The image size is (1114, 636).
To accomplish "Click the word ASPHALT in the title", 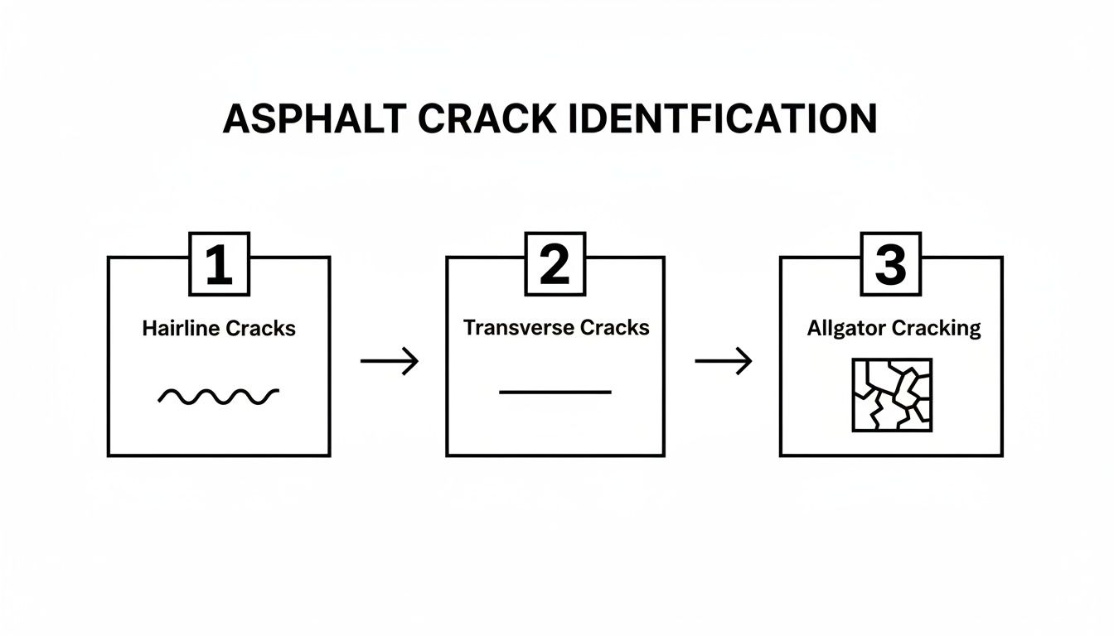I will pyautogui.click(x=314, y=119).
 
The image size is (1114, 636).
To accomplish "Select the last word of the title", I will pyautogui.click(x=720, y=119).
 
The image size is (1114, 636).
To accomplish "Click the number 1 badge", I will pyautogui.click(x=219, y=264).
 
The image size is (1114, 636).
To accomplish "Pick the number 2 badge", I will pyautogui.click(x=555, y=264).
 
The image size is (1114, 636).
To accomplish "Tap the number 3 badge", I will pyautogui.click(x=891, y=264).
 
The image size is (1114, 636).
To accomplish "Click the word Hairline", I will pyautogui.click(x=181, y=329).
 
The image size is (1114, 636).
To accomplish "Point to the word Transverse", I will pyautogui.click(x=518, y=327).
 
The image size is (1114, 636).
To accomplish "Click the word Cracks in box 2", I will pyautogui.click(x=614, y=327).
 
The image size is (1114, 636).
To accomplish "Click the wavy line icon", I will pyautogui.click(x=219, y=397).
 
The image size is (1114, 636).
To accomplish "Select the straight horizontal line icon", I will pyautogui.click(x=555, y=392).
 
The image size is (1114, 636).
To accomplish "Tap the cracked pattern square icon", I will pyautogui.click(x=892, y=395).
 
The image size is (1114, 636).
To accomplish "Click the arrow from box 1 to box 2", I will pyautogui.click(x=390, y=361).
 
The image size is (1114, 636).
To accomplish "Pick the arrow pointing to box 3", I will pyautogui.click(x=723, y=361).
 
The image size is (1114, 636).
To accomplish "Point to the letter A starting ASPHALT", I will pyautogui.click(x=236, y=119).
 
